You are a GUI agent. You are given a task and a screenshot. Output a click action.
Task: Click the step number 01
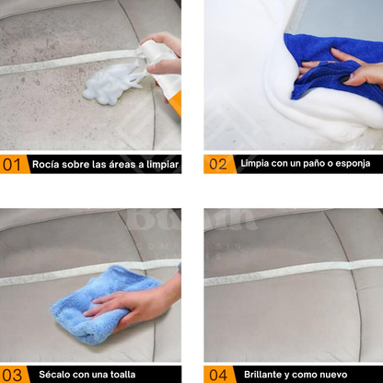[12, 165]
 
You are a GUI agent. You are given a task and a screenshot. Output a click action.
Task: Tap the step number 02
[218, 164]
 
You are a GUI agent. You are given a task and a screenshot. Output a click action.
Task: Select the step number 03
[12, 375]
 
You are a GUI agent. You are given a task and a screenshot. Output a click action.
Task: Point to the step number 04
[218, 375]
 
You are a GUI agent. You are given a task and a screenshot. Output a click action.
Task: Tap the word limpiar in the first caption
[162, 165]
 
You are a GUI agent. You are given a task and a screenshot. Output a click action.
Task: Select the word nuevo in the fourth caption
[333, 375]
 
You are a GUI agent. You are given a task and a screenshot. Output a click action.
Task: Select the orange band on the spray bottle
[176, 104]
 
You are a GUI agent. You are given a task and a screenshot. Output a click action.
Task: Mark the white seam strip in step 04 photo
[294, 272]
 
